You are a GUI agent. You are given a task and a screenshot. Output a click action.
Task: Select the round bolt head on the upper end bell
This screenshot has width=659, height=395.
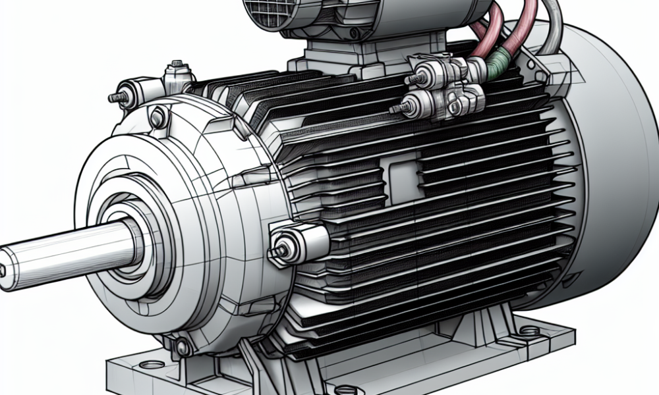coord(158,118)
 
